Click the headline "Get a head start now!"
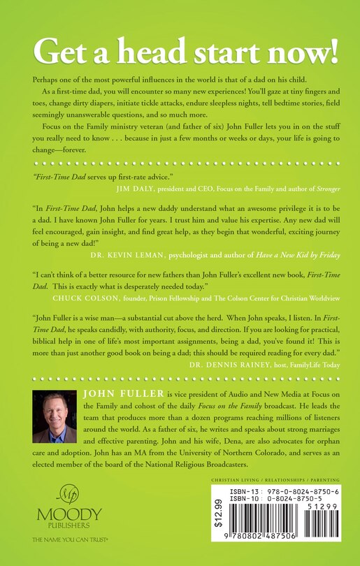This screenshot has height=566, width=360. (x=180, y=50)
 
